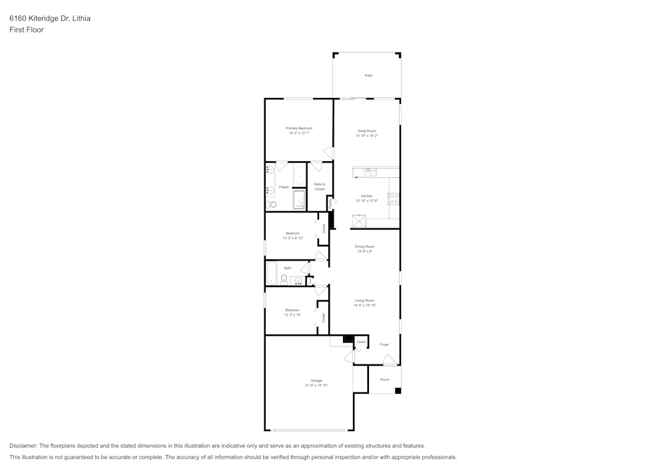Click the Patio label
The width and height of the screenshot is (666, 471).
368,75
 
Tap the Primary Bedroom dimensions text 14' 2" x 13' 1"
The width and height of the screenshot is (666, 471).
299,133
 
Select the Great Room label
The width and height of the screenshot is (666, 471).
366,131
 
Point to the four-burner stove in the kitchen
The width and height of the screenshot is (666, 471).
394,199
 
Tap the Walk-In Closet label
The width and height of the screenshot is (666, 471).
320,187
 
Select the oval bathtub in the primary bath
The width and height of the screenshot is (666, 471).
299,176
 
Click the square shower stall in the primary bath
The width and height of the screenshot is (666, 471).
299,200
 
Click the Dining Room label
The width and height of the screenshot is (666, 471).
364,246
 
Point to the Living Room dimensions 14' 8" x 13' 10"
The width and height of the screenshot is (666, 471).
364,305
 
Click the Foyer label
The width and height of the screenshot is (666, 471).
384,344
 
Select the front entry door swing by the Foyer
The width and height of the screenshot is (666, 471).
390,360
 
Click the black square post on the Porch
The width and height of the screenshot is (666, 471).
398,390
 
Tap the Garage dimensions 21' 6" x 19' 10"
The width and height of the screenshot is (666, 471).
316,385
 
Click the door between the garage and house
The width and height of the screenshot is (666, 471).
348,356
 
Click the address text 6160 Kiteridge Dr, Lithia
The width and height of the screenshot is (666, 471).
50,18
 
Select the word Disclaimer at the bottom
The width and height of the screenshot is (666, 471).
24,446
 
